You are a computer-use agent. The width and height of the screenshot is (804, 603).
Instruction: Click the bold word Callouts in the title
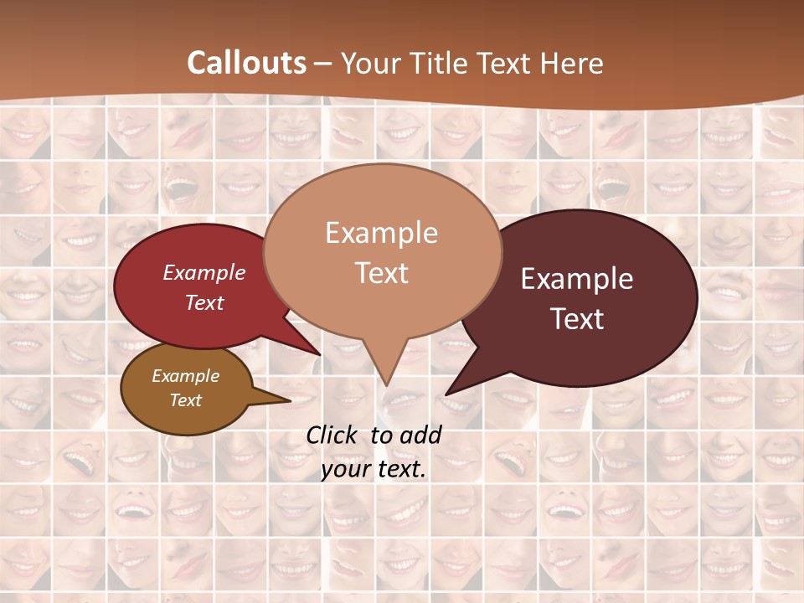[x=246, y=63]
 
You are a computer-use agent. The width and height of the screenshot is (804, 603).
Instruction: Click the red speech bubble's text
[x=204, y=287]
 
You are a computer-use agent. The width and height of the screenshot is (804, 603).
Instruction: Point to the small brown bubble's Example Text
[x=185, y=388]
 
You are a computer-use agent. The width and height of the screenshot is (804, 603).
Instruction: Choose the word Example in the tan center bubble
[x=381, y=232]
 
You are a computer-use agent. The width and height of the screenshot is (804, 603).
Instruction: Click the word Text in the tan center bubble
[x=382, y=272]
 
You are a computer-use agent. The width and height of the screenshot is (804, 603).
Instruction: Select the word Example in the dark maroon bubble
[x=577, y=278]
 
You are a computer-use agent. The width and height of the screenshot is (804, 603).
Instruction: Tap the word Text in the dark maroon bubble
[x=578, y=318]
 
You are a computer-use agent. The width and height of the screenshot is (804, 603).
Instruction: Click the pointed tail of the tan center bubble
[x=386, y=381]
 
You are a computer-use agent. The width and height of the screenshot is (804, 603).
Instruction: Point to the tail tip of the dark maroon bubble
[x=447, y=393]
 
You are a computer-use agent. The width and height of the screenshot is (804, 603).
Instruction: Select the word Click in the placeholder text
[x=332, y=435]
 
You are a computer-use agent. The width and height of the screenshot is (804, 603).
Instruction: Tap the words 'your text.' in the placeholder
[x=374, y=469]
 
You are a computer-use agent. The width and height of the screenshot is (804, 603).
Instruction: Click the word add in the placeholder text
[x=421, y=435]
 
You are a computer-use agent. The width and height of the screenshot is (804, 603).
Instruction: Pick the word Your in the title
[x=365, y=63]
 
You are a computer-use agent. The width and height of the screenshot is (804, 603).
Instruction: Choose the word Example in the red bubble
[x=204, y=272]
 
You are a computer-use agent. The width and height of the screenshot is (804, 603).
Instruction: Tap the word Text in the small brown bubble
[x=186, y=400]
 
